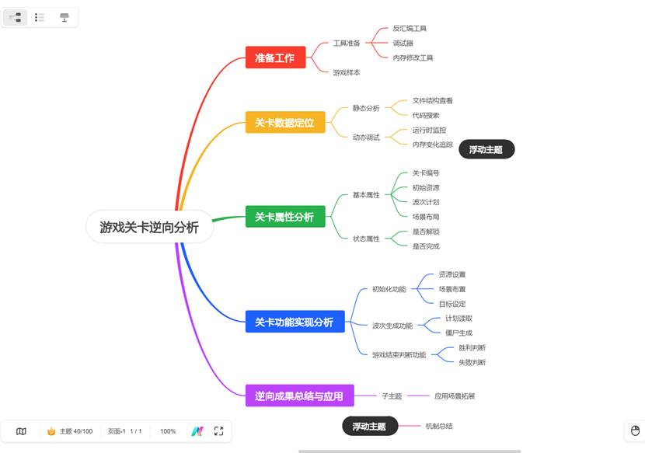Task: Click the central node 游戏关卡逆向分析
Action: click(x=149, y=227)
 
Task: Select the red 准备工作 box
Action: click(x=275, y=57)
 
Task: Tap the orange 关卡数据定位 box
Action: click(x=284, y=123)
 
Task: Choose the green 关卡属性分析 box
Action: click(x=284, y=218)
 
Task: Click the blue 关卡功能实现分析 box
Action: click(x=294, y=322)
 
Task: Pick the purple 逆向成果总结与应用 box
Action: click(x=299, y=396)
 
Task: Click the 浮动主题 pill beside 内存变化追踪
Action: click(x=486, y=149)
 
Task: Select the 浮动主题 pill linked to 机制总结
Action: click(x=369, y=426)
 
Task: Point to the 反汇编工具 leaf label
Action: click(x=410, y=29)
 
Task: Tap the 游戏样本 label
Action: click(x=347, y=72)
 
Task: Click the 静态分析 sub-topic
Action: click(x=366, y=108)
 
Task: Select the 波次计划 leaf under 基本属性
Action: click(x=426, y=202)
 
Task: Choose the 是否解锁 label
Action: click(x=426, y=232)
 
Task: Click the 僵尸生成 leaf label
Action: click(x=458, y=333)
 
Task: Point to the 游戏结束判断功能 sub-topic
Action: click(x=399, y=355)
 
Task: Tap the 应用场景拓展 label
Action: click(x=454, y=396)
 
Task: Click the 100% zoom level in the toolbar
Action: click(x=168, y=431)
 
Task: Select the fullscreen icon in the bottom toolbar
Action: click(x=218, y=431)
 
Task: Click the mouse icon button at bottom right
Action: click(x=634, y=430)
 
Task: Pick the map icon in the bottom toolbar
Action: click(x=21, y=431)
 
